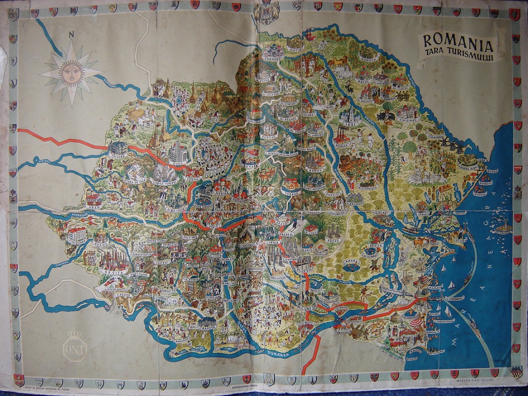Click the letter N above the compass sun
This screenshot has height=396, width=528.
click(x=71, y=36)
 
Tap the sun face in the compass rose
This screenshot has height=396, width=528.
click(x=71, y=73)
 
